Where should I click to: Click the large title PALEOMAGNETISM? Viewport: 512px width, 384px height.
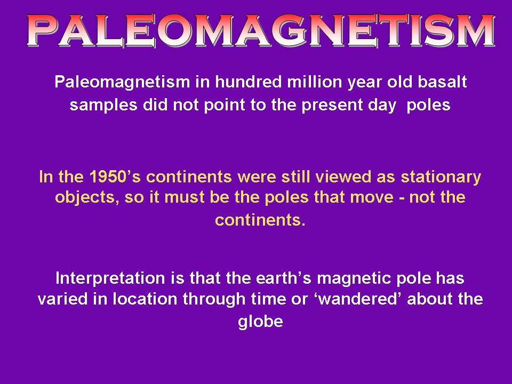click(261, 30)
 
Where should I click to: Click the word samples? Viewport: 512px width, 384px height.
click(103, 106)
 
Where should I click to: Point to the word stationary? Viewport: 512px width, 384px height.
click(441, 177)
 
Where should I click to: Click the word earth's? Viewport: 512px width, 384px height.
click(283, 278)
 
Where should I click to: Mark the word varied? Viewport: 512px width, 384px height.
click(63, 299)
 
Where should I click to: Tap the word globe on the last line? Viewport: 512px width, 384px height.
click(261, 322)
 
